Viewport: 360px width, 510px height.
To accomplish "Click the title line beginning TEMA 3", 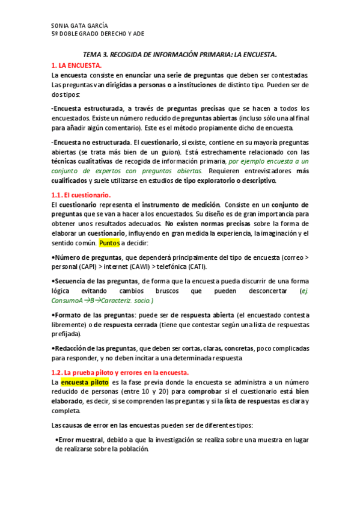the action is [179, 54].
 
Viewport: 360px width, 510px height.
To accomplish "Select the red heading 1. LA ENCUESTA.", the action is [76, 64].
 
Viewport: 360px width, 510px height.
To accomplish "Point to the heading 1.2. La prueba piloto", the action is [120, 372].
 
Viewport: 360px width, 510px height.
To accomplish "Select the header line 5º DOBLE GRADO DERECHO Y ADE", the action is [98, 34].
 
